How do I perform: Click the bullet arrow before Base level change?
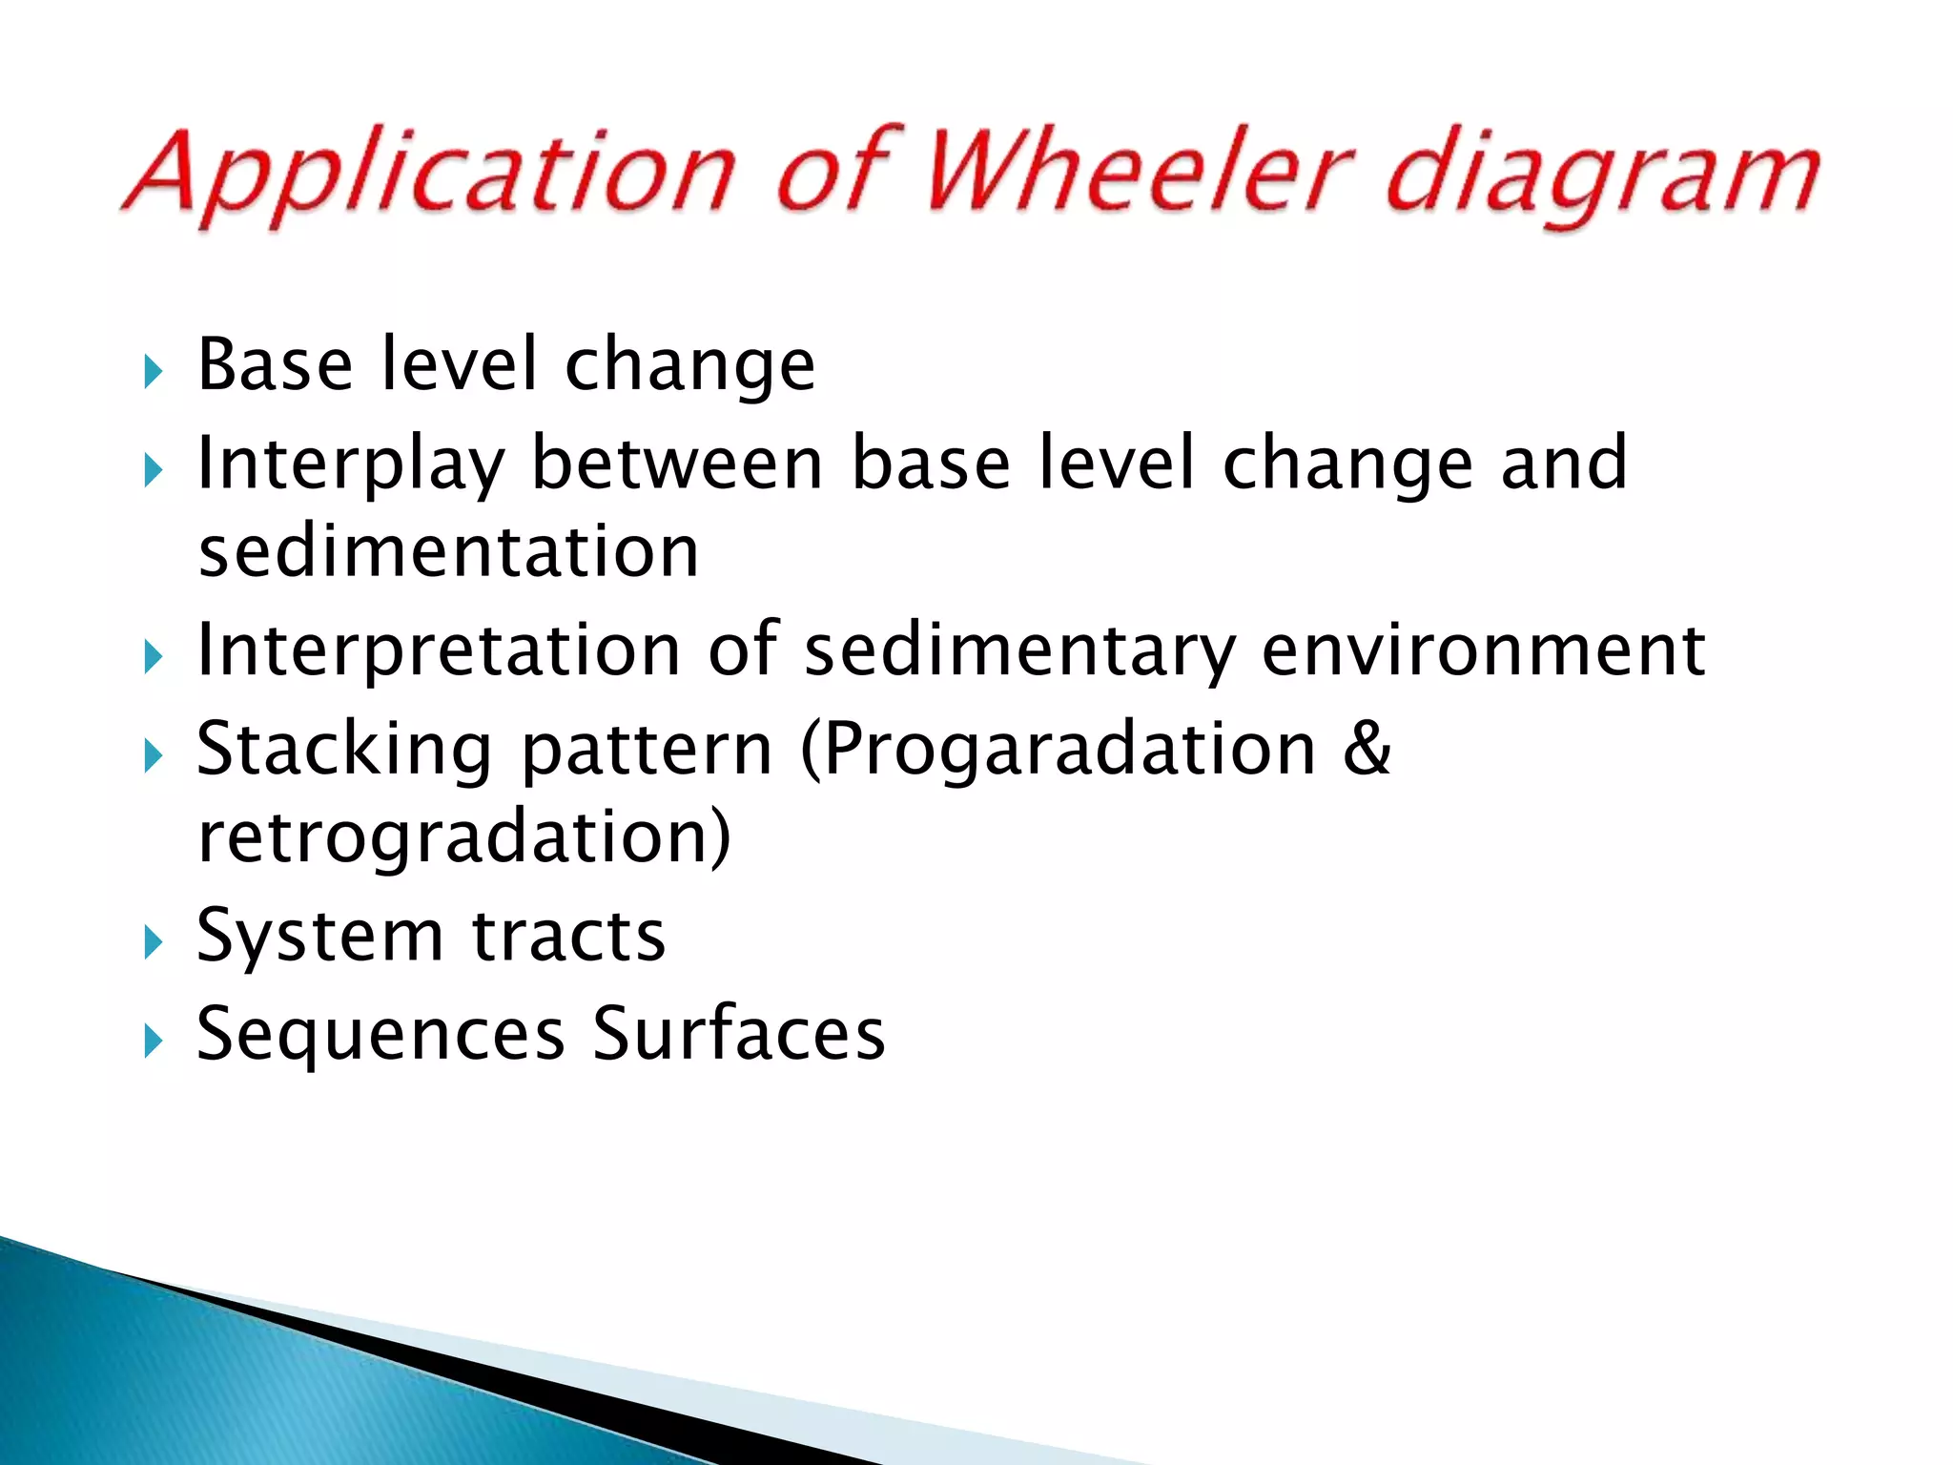[153, 372]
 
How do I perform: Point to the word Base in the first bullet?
[275, 364]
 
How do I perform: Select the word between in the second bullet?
[676, 463]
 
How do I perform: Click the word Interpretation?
[438, 651]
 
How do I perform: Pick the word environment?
[1484, 650]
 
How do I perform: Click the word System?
[319, 938]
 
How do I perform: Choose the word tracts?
[568, 938]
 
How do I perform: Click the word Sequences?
[380, 1036]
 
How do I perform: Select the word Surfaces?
[738, 1034]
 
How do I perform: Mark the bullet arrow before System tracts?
[153, 943]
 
